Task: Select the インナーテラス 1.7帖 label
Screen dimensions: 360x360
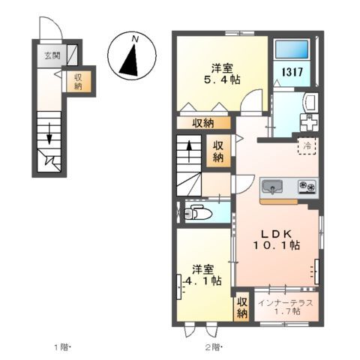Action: pos(285,306)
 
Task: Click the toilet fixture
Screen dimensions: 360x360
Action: pos(196,211)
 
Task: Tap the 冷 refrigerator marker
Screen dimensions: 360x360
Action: pos(307,145)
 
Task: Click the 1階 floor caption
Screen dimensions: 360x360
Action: pos(61,346)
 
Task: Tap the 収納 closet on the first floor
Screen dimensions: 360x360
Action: pos(78,82)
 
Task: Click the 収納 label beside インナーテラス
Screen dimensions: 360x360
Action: pos(242,307)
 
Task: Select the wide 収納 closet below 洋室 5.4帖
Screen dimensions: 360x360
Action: pos(203,123)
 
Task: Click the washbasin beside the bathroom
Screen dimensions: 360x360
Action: pos(310,102)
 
